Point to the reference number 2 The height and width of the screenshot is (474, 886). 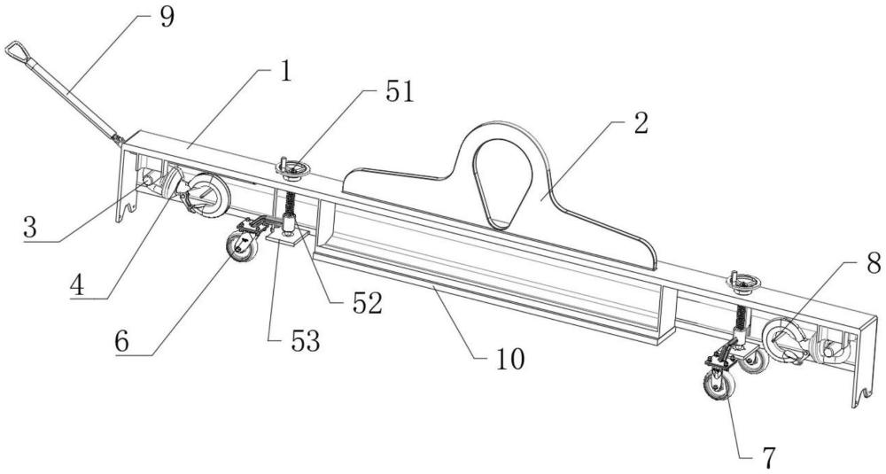tap(638, 125)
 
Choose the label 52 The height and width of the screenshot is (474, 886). tap(365, 303)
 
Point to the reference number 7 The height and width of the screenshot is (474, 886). tap(768, 457)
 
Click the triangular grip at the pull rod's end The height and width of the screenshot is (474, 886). tap(16, 54)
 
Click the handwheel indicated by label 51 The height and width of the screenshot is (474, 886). tap(290, 166)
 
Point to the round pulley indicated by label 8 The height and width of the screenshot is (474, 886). tap(783, 343)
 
